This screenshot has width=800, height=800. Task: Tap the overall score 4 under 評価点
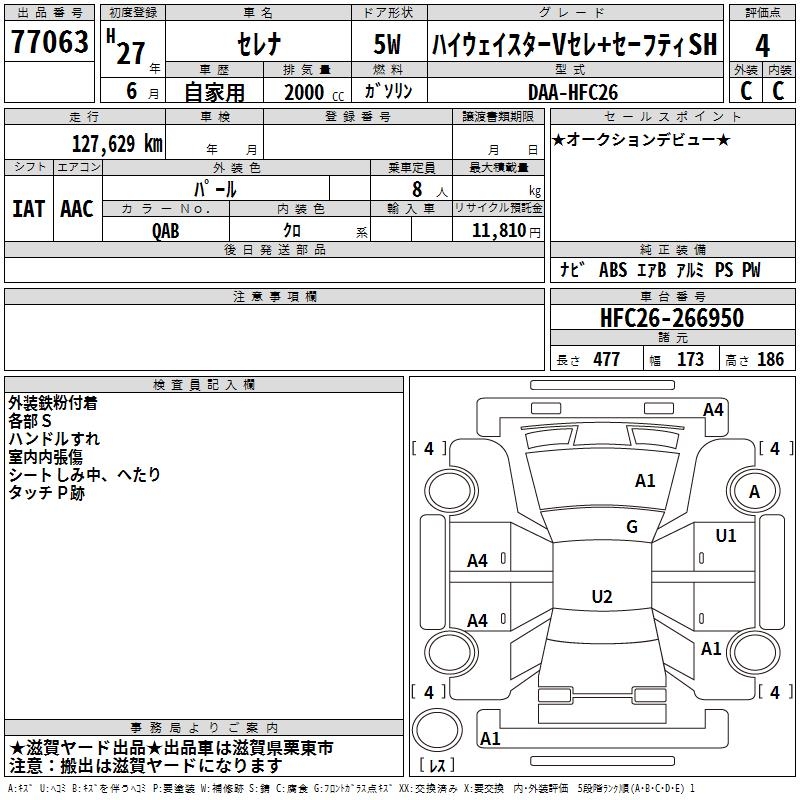click(x=762, y=46)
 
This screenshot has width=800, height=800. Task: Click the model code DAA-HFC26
click(x=573, y=92)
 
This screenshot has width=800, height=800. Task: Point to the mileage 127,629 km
click(x=117, y=143)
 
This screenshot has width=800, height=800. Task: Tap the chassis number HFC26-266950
click(x=672, y=318)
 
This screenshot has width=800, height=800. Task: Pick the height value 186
click(x=770, y=360)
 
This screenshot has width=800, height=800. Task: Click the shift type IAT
click(x=28, y=208)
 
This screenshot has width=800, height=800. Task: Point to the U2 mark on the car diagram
click(x=601, y=597)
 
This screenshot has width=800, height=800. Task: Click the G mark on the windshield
click(x=631, y=527)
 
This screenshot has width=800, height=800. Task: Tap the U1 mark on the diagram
click(x=725, y=536)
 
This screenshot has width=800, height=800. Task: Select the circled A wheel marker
click(x=755, y=491)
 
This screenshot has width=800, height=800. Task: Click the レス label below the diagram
click(x=437, y=766)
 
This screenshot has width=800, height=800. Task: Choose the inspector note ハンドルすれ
click(x=54, y=439)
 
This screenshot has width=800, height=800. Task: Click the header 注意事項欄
click(x=275, y=297)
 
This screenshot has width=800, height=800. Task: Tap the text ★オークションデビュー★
click(x=641, y=139)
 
